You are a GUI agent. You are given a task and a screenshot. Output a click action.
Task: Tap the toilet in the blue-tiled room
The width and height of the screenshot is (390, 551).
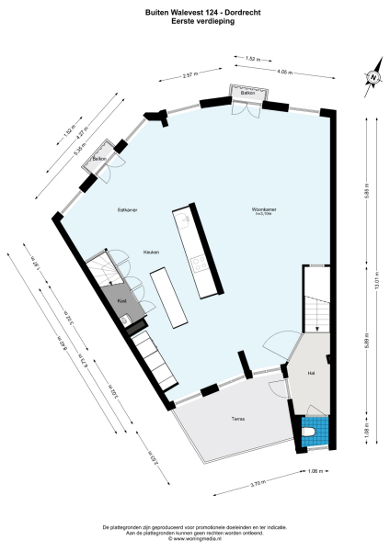pyautogui.click(x=309, y=430)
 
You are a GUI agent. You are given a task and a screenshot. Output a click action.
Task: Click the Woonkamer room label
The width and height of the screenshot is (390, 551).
pyautogui.click(x=266, y=209)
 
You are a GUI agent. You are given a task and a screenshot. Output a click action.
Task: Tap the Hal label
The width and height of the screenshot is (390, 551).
pyautogui.click(x=311, y=374)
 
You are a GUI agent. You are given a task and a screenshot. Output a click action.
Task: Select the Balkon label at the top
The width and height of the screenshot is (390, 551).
pyautogui.click(x=247, y=95)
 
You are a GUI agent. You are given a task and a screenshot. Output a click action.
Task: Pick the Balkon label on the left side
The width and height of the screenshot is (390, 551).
pyautogui.click(x=99, y=160)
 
